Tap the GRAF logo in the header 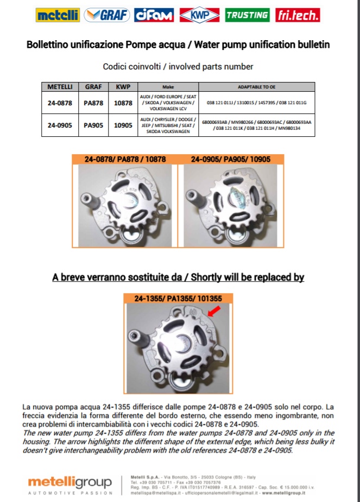pyautogui.click(x=107, y=15)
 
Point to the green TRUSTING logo pyautogui.click(x=247, y=15)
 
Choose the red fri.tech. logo pyautogui.click(x=298, y=15)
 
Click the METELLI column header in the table pyautogui.click(x=60, y=87)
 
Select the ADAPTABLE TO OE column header pyautogui.click(x=257, y=87)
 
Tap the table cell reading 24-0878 pyautogui.click(x=60, y=102)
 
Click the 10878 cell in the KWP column pyautogui.click(x=123, y=102)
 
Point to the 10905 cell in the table pyautogui.click(x=123, y=125)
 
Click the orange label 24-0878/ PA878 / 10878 pyautogui.click(x=125, y=160)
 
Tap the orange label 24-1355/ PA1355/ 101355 pyautogui.click(x=180, y=298)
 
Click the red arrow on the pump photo pyautogui.click(x=213, y=311)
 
